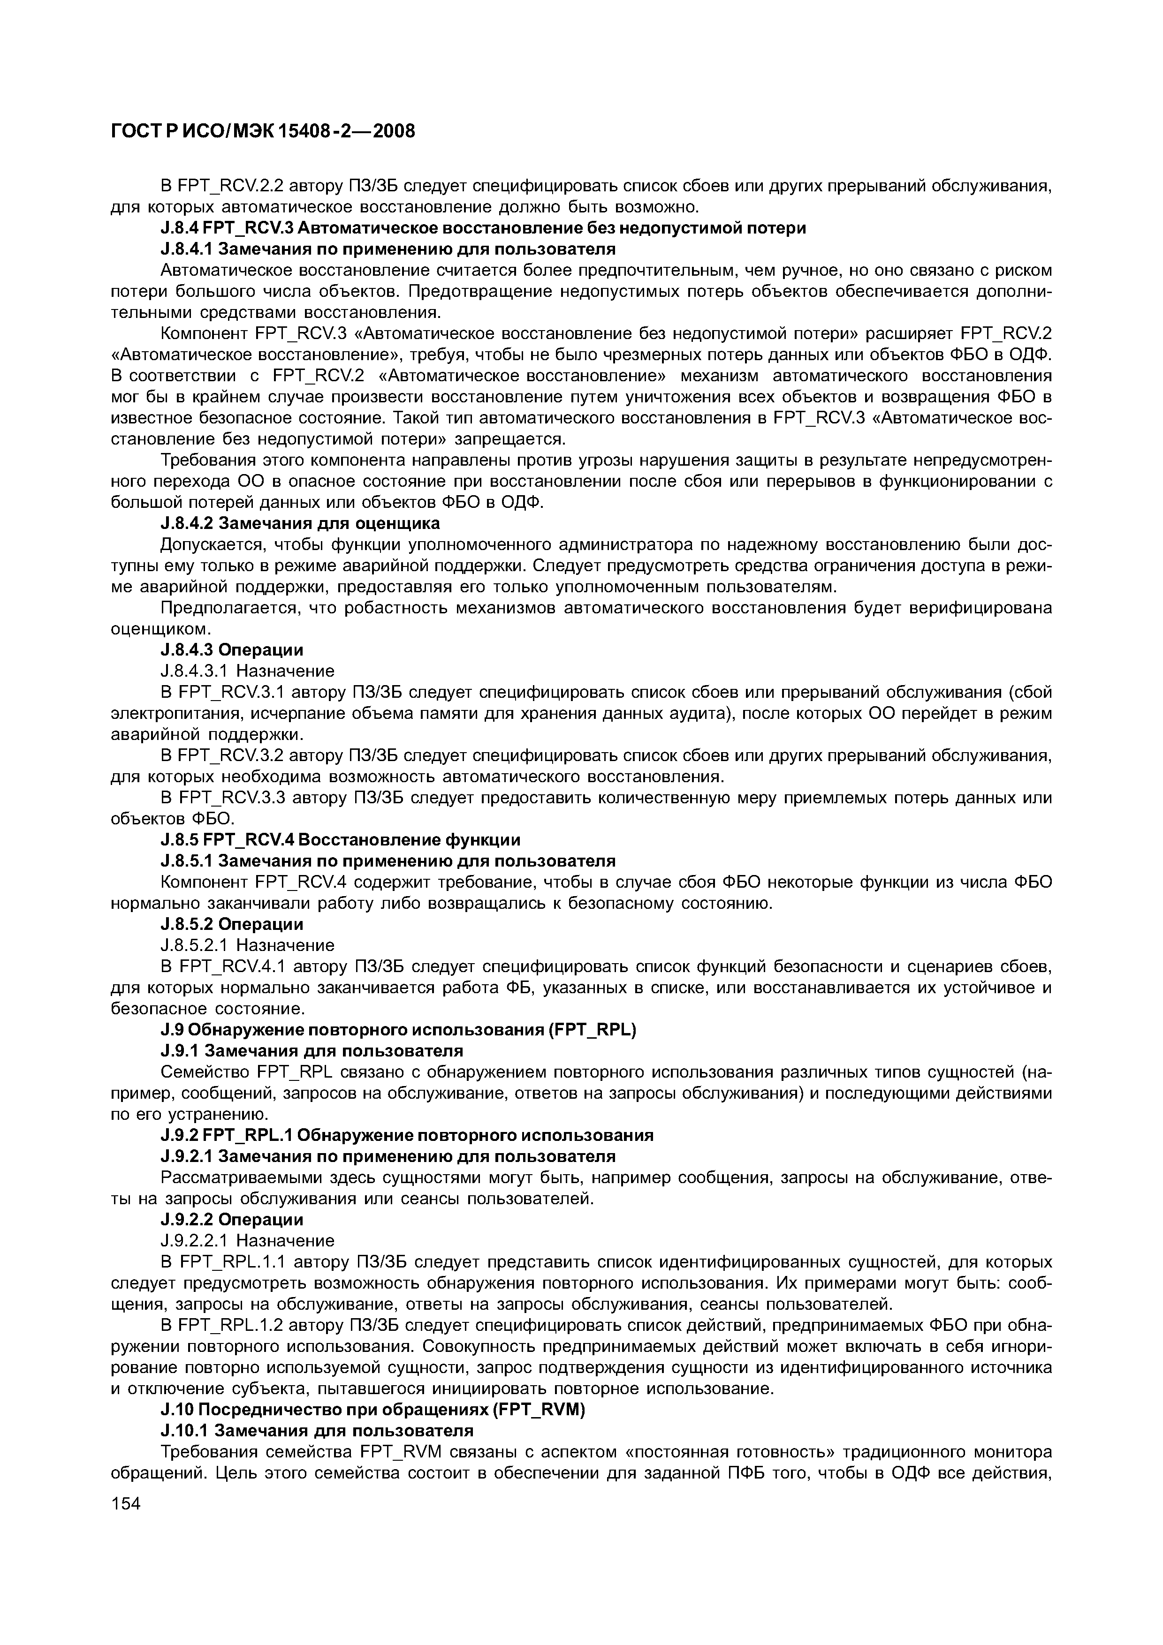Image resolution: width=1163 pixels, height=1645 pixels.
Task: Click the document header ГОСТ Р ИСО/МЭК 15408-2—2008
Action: click(263, 131)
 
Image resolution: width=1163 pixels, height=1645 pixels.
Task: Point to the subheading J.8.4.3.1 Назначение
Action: click(247, 671)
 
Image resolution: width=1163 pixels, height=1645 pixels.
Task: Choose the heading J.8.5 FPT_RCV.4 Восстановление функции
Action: click(341, 839)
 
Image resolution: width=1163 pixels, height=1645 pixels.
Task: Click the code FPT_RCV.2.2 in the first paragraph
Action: click(231, 186)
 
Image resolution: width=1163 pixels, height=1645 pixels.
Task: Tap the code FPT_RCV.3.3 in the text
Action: click(231, 798)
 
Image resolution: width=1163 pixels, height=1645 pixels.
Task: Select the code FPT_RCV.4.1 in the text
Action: click(231, 966)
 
